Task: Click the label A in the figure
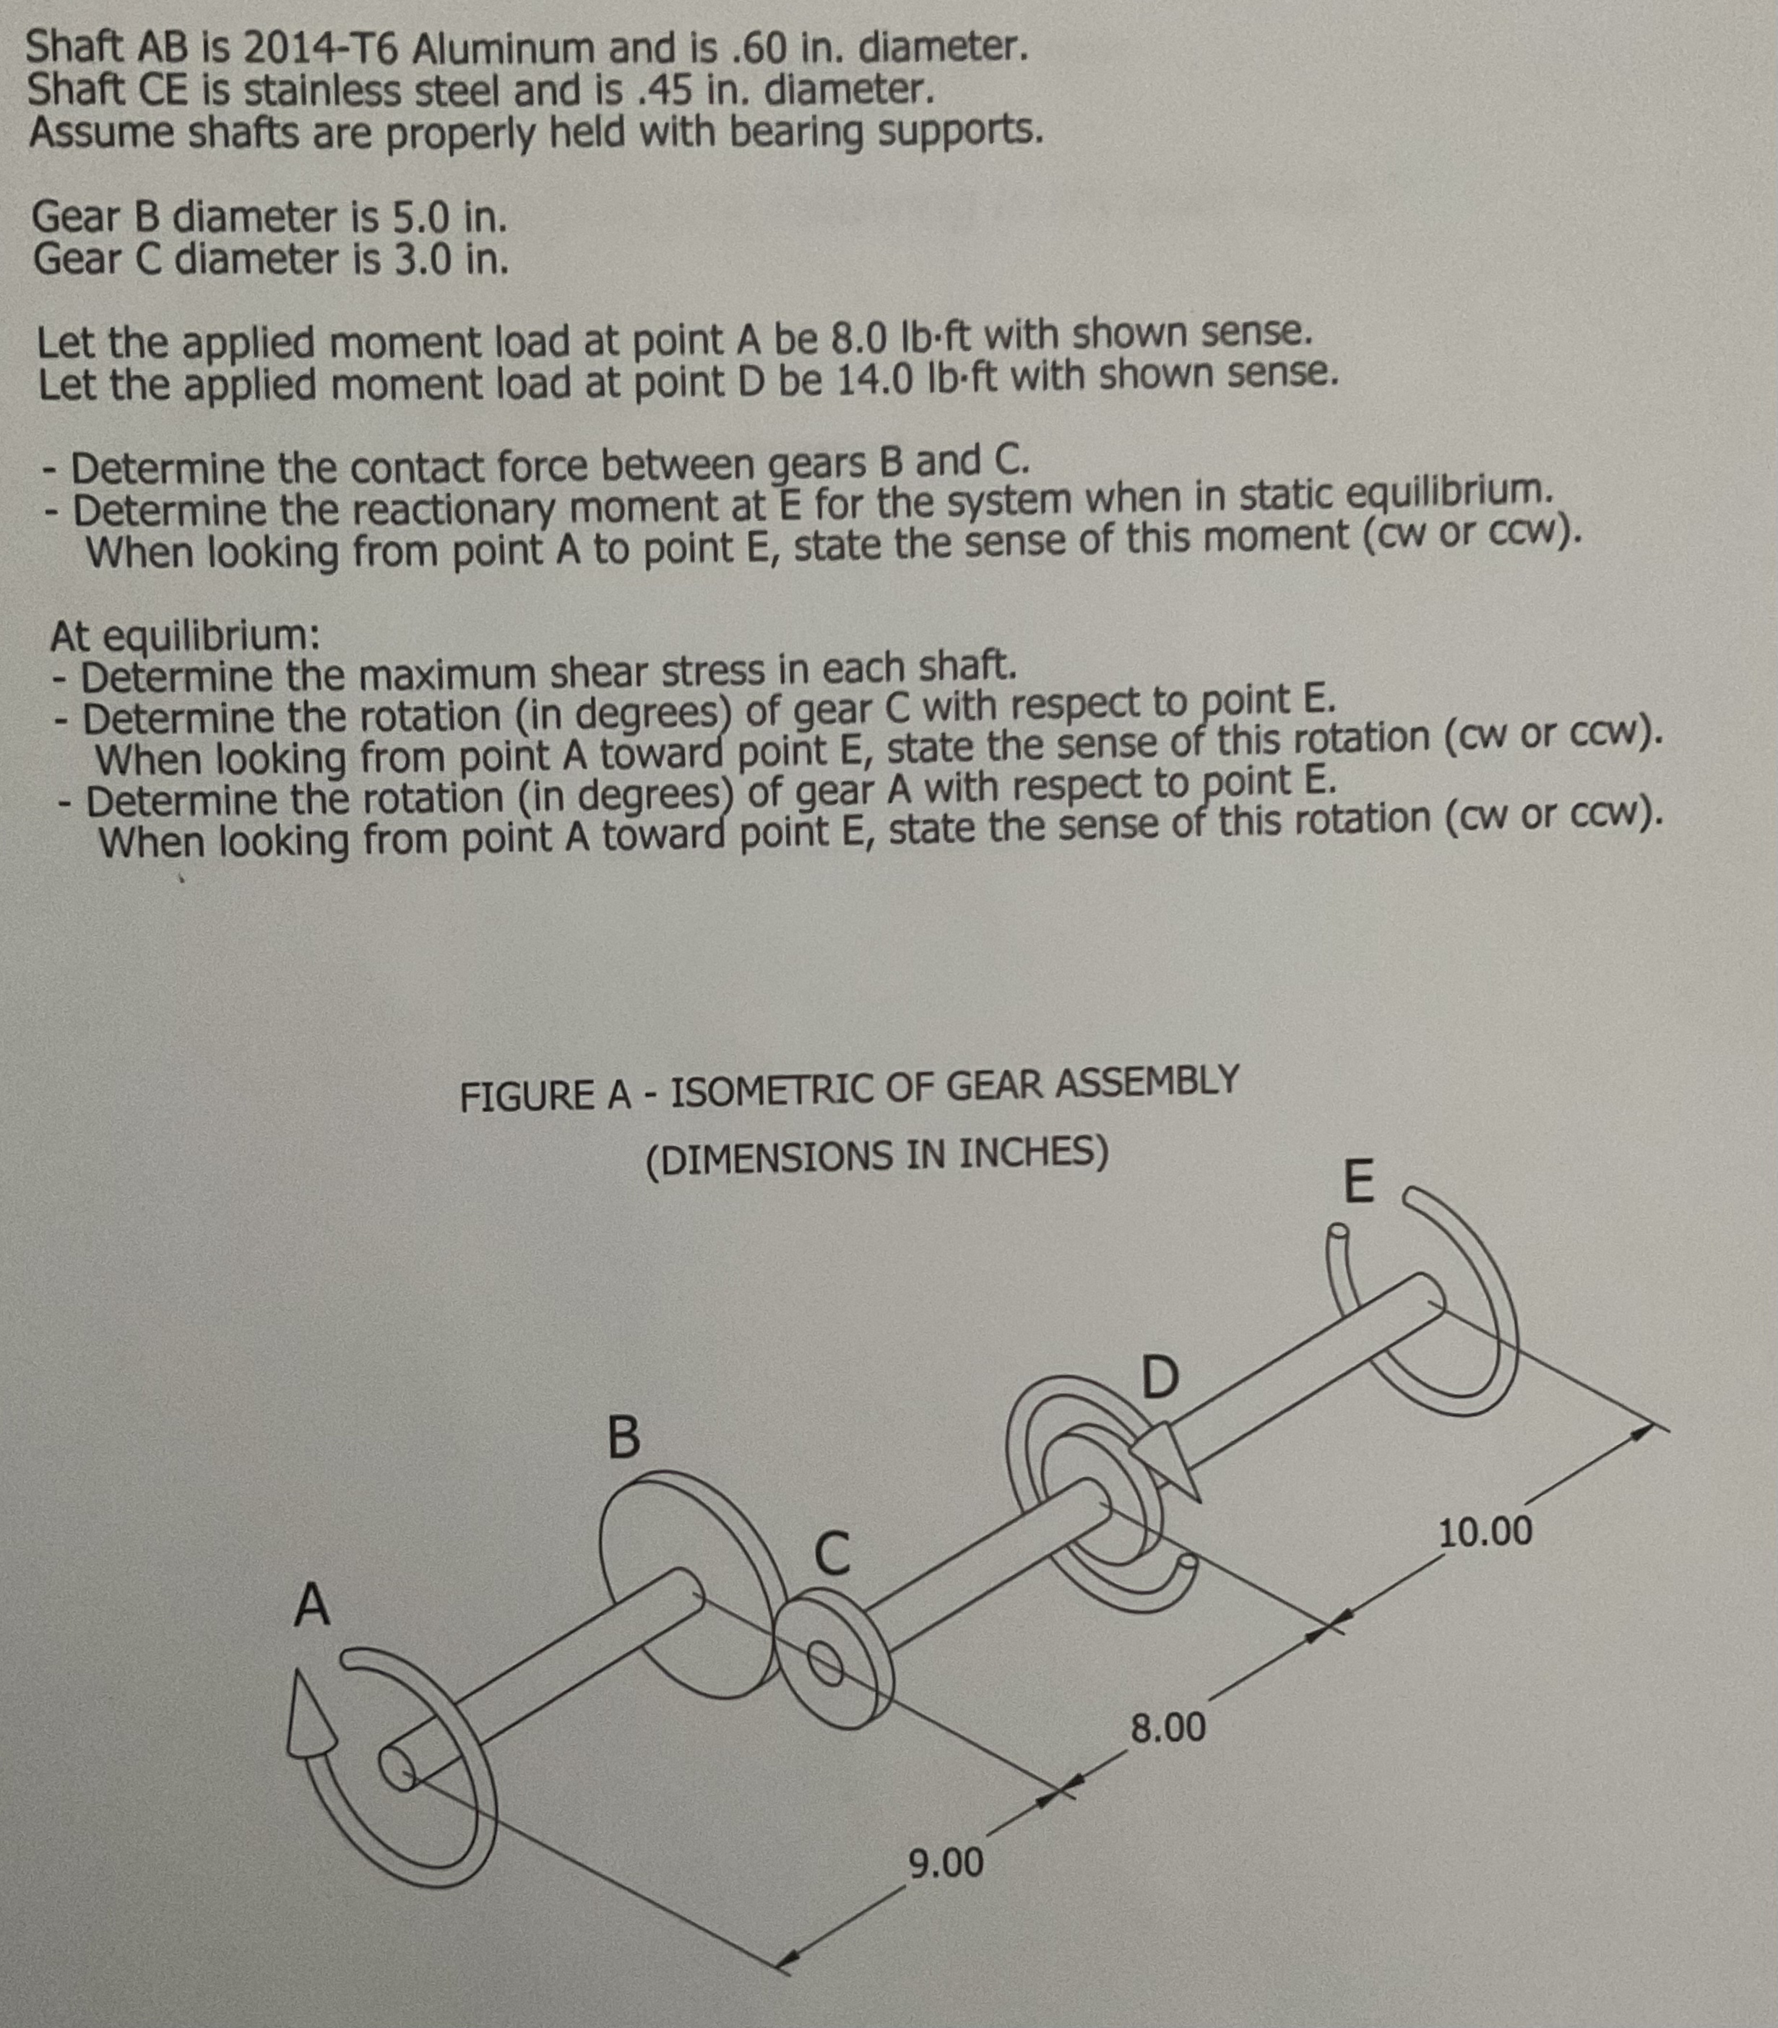(x=311, y=1605)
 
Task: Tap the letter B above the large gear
(x=622, y=1437)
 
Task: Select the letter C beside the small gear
(x=832, y=1554)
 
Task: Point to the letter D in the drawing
(x=1159, y=1378)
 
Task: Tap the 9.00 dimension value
(x=946, y=1863)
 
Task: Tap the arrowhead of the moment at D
(x=1171, y=1459)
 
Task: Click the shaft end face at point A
(x=399, y=1768)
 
